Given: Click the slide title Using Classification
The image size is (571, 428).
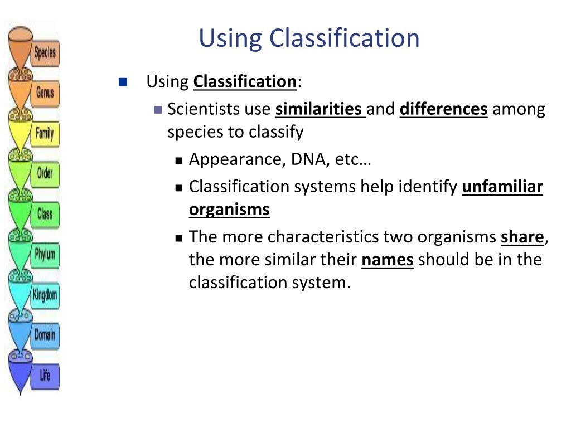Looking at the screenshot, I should point(309,38).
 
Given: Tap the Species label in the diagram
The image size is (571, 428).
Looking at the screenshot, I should point(45,53).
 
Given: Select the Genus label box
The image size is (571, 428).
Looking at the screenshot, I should point(45,93).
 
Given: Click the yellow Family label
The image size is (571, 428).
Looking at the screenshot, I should point(45,133).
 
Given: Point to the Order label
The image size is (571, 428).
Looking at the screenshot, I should point(45,173).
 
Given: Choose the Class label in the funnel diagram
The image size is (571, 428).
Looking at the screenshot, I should point(45,213).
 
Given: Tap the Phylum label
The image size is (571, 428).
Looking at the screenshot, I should point(45,254).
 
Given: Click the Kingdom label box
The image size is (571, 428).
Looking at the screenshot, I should point(45,295).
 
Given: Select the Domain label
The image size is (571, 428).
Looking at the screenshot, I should point(45,335).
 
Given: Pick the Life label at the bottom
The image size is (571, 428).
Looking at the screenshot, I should point(45,376).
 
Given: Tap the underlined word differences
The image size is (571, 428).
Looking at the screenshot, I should point(443,109).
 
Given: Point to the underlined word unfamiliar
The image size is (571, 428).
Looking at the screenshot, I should point(502,187).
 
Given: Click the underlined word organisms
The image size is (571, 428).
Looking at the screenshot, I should point(229,210).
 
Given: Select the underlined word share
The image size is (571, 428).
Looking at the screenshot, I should point(522,237).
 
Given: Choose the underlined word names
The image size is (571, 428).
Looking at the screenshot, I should point(388,260).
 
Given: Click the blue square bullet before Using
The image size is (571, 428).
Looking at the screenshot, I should point(123,82).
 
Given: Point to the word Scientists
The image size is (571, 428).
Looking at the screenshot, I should point(203,109).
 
